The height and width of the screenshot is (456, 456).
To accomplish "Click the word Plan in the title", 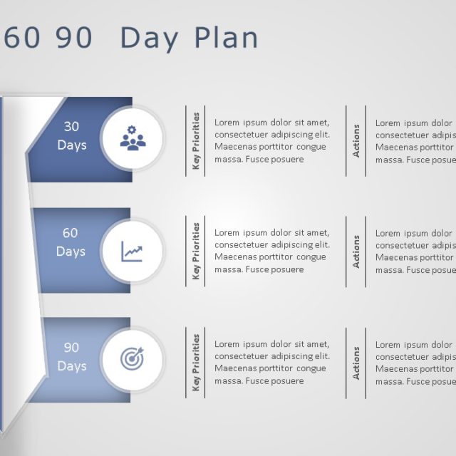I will [226, 38].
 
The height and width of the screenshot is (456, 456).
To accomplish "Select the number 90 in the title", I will [75, 38].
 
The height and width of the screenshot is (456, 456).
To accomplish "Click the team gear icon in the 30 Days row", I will [133, 138].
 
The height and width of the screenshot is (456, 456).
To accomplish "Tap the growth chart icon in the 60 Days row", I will [133, 250].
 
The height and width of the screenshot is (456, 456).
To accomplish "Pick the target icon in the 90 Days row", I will [133, 359].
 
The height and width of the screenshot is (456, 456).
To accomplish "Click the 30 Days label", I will [71, 135].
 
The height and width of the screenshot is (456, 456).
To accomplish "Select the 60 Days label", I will [71, 242].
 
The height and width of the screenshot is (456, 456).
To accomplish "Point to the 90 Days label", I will [71, 357].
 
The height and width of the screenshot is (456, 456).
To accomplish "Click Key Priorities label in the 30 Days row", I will [196, 141].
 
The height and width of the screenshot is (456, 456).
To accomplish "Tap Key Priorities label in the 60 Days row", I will [196, 251].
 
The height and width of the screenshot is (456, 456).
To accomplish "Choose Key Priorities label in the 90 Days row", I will [196, 363].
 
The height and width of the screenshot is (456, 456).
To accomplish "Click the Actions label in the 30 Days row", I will [356, 141].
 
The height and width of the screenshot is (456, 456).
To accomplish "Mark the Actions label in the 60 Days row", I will [356, 252].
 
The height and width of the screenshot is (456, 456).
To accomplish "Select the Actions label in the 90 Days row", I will [356, 363].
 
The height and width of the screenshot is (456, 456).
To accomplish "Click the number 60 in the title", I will [22, 38].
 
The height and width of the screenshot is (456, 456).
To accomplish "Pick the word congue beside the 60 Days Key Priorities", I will [311, 257].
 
